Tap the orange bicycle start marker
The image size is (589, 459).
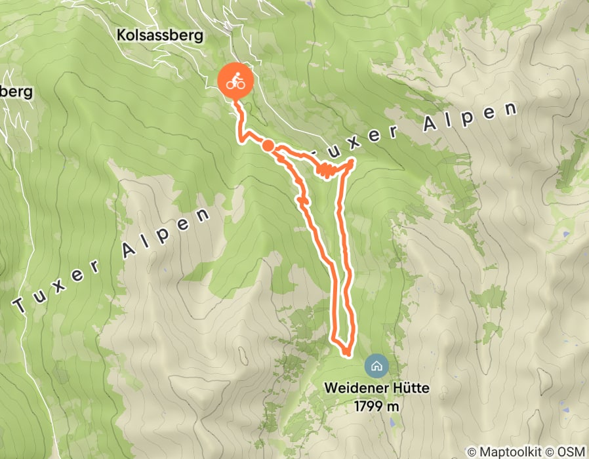coord(235,83)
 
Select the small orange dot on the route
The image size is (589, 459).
coord(268,146)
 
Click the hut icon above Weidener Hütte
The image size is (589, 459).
coord(376,365)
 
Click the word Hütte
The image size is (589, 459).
coord(411,388)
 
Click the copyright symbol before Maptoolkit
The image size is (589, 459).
coord(471,452)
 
